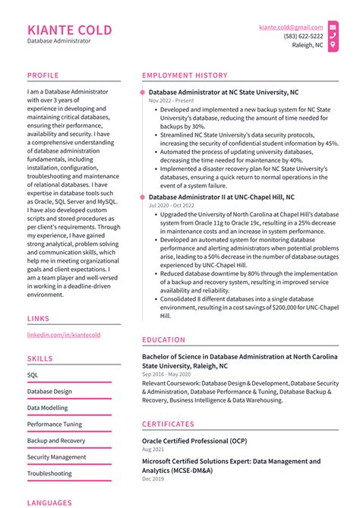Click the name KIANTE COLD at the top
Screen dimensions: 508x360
tap(69, 30)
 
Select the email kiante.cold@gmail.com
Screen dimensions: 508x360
tap(291, 27)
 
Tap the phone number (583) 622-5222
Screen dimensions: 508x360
tap(303, 36)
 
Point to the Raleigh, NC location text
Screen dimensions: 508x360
tap(308, 45)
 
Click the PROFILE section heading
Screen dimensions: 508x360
tap(43, 75)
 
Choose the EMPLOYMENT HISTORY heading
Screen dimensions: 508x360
tap(185, 75)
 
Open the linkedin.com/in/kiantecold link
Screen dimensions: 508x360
tap(64, 334)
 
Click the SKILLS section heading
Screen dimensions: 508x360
tap(40, 358)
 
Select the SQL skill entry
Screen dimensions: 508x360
tap(33, 374)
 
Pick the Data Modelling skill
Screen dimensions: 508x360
tap(47, 407)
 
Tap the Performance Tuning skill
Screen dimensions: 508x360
tap(55, 424)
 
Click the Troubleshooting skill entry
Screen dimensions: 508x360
tap(49, 473)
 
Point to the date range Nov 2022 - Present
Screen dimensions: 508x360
tap(172, 100)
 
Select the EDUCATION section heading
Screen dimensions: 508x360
tap(163, 340)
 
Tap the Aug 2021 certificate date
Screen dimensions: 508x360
tap(153, 450)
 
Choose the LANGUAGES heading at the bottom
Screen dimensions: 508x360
tap(49, 502)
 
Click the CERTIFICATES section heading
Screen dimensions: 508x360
tap(168, 424)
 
